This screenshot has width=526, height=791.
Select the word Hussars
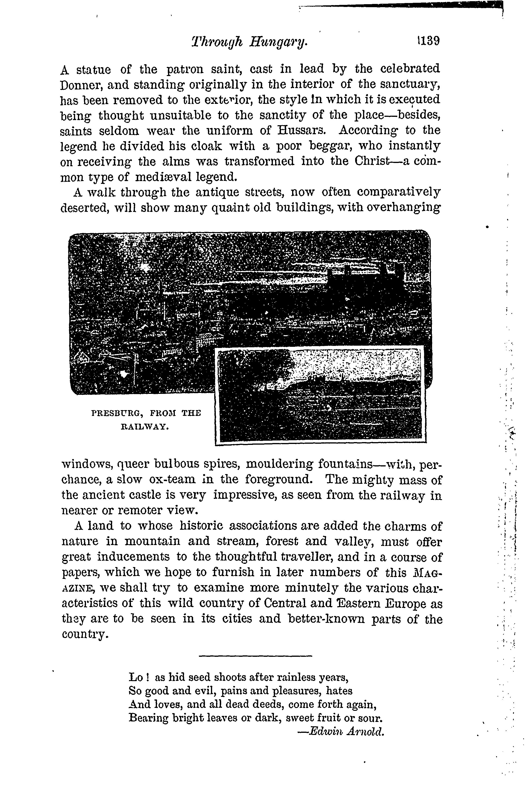coord(302,131)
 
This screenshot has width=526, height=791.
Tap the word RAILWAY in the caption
coord(144,427)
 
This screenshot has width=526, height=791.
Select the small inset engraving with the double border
coord(320,396)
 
